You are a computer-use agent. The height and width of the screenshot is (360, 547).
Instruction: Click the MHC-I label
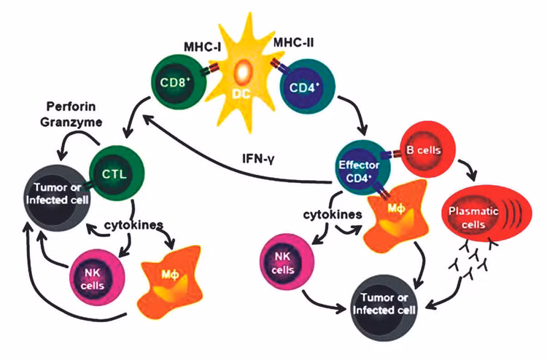(x=202, y=47)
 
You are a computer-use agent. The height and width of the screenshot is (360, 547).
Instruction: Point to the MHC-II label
(x=293, y=42)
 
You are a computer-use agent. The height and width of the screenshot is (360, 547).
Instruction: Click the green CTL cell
(x=117, y=173)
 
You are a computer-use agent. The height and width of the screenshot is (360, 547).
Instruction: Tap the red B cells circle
(x=427, y=150)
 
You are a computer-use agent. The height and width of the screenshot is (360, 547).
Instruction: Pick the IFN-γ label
(x=258, y=160)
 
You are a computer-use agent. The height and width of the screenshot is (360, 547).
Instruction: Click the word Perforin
(x=71, y=106)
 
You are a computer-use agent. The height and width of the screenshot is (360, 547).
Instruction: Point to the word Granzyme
(x=71, y=122)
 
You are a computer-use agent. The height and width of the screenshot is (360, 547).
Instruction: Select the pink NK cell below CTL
(x=97, y=278)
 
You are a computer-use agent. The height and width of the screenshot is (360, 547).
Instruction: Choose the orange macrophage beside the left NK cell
(x=170, y=281)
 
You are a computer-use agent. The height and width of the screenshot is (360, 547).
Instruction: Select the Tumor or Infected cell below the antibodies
(x=384, y=308)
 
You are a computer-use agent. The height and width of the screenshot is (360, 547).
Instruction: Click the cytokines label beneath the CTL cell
(x=133, y=225)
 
